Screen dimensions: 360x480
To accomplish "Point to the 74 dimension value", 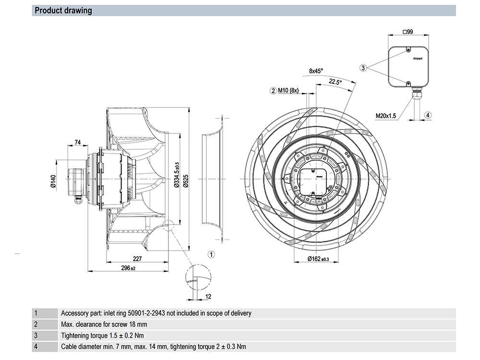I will (77, 142).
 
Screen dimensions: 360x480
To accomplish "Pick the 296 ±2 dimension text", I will (128, 268).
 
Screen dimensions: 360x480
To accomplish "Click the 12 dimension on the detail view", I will (208, 297).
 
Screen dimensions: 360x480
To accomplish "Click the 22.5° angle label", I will (335, 82).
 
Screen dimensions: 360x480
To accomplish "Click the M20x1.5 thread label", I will (386, 115).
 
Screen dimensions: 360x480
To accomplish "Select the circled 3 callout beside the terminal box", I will (363, 68).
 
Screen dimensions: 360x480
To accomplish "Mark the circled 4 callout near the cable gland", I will (428, 115).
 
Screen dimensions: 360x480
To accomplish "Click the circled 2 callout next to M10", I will (273, 90).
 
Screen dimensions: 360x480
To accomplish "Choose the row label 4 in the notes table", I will (36, 347).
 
